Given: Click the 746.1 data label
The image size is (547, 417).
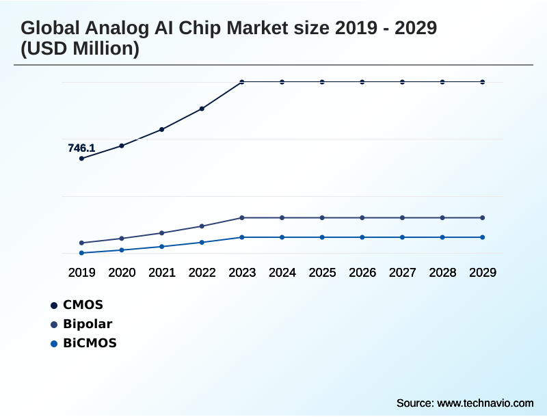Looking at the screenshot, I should click(81, 148).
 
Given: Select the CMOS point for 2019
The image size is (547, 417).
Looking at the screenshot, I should click(81, 159).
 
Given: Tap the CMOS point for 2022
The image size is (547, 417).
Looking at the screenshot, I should click(202, 109).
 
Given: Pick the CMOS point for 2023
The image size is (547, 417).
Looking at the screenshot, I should click(242, 82).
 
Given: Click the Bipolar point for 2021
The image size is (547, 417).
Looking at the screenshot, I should click(162, 233).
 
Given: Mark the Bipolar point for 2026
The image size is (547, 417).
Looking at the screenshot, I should click(362, 217).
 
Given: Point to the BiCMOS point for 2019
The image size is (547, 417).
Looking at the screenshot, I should click(81, 253).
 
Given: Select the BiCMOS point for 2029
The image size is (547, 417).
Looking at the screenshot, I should click(483, 237).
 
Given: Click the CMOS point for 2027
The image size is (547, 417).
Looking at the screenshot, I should click(402, 82).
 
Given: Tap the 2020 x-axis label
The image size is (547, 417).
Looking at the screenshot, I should click(122, 272).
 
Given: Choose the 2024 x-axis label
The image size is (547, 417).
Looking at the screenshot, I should click(282, 272).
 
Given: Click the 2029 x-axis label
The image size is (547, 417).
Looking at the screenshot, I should click(483, 272).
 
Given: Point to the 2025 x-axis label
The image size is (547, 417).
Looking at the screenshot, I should click(322, 272).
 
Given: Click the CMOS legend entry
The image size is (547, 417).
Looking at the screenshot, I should click(82, 305).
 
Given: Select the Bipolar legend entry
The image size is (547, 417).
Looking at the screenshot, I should click(87, 324).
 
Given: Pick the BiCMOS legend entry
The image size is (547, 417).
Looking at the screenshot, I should click(90, 343).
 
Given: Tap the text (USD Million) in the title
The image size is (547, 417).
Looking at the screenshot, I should click(80, 49).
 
